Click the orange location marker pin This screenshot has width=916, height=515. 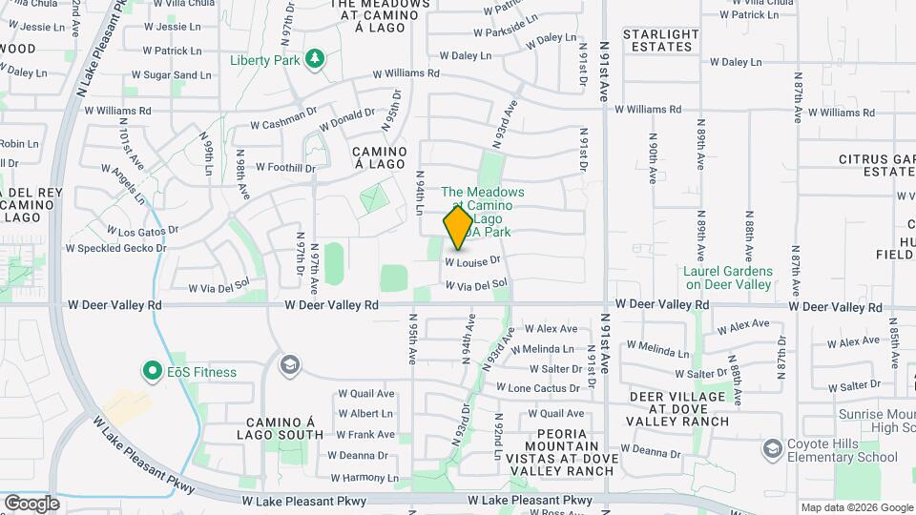(458, 227)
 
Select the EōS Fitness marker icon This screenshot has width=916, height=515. (151, 371)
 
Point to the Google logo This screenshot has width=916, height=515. (31, 503)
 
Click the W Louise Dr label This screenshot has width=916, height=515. (472, 260)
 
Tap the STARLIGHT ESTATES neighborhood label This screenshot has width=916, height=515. (658, 40)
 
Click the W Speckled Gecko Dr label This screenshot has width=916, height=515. (115, 248)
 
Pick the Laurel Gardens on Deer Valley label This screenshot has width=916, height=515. (728, 278)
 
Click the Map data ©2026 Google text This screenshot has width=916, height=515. (855, 507)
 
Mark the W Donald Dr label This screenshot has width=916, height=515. (347, 119)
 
